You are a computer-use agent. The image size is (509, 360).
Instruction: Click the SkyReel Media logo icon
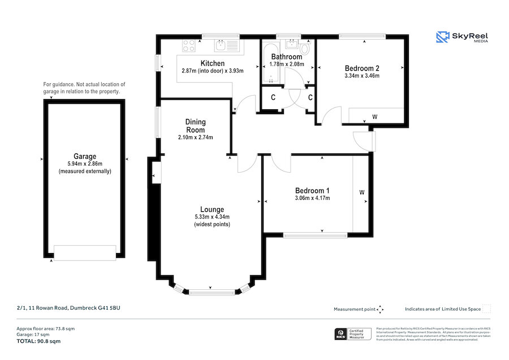(x=442, y=37)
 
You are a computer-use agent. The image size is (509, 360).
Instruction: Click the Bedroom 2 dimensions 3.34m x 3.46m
(x=361, y=76)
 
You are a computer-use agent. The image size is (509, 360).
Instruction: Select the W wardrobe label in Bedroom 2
(x=374, y=117)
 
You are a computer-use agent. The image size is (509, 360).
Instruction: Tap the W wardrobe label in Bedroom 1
(x=362, y=192)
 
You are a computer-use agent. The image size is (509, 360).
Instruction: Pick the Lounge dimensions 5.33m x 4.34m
(x=212, y=217)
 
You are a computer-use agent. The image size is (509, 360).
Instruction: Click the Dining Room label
(x=196, y=126)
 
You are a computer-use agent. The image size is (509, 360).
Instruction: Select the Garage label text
(x=85, y=156)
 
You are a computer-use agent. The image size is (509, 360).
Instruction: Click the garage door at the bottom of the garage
(x=85, y=252)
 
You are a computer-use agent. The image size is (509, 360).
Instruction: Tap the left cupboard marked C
(x=273, y=98)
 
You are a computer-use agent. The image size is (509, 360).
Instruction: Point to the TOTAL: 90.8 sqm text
(x=38, y=341)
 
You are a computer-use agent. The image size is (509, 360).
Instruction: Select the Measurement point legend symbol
(x=380, y=309)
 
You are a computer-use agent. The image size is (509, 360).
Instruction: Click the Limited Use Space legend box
(x=486, y=308)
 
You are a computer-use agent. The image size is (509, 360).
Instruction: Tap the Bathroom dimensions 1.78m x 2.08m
(x=287, y=64)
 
